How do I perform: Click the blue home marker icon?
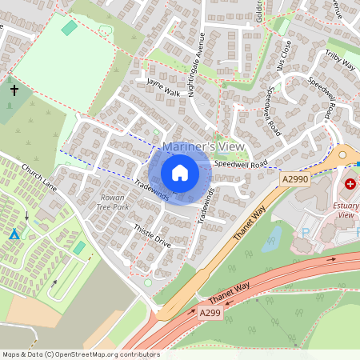pyautogui.click(x=180, y=173)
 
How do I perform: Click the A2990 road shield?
pyautogui.click(x=295, y=182)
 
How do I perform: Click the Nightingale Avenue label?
pyautogui.click(x=196, y=64)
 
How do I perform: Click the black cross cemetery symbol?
pyautogui.click(x=14, y=90)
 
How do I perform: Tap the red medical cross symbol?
pyautogui.click(x=350, y=184)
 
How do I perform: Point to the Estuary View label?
pyautogui.click(x=346, y=210)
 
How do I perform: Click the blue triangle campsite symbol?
pyautogui.click(x=14, y=234)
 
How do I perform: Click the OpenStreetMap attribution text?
pyautogui.click(x=81, y=354)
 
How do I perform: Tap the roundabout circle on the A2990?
pyautogui.click(x=343, y=154)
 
